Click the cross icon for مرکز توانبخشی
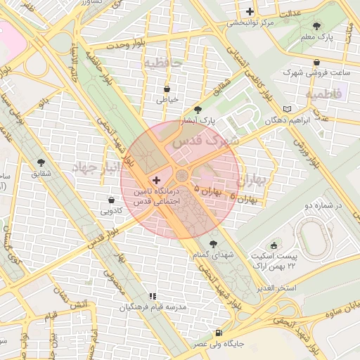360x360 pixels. (x=250, y=11)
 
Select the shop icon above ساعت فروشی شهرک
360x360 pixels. (x=317, y=62)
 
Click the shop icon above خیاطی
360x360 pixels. (x=167, y=89)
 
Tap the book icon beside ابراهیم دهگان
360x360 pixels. (x=285, y=109)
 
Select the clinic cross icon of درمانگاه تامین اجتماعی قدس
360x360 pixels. (x=155, y=181)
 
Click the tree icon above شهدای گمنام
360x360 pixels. (x=213, y=244)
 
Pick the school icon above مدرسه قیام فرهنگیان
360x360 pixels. (x=152, y=296)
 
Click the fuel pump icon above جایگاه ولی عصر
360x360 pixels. (x=219, y=333)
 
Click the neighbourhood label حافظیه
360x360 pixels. (x=163, y=63)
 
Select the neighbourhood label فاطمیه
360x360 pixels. (x=323, y=93)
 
